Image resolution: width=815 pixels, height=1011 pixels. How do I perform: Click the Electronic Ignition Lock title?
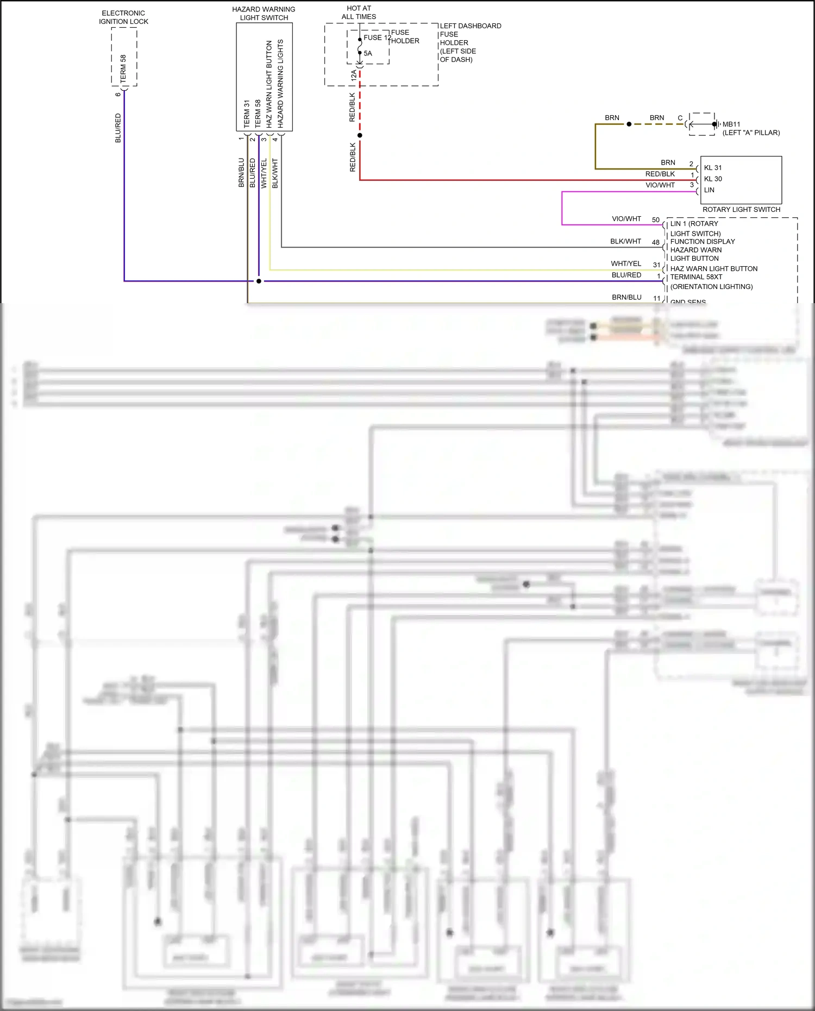pos(123,17)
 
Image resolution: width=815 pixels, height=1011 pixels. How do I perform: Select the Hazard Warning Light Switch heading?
pos(264,14)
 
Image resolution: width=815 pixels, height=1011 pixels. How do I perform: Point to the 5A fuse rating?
pos(368,53)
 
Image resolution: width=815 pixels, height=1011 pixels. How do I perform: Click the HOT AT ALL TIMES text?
pos(359,12)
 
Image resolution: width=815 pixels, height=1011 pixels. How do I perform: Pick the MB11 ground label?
pos(731,124)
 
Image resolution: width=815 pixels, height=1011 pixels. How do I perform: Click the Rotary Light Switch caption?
pos(741,209)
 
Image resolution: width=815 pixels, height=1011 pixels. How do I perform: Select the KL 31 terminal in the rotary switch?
pos(713,168)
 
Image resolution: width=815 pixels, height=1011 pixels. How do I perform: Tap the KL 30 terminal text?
pos(713,179)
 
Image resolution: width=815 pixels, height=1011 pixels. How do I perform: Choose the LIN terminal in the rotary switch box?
pos(709,190)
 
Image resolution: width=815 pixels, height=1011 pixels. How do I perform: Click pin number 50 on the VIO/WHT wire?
pos(656,220)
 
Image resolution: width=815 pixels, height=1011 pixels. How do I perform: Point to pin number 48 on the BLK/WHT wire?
pos(656,242)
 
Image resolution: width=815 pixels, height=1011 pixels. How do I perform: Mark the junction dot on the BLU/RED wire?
pos(259,281)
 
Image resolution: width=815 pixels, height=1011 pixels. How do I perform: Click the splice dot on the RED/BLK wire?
pos(360,135)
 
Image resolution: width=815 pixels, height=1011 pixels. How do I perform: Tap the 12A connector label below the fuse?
pos(354,75)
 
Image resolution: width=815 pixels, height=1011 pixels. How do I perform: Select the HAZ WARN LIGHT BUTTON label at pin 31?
pos(713,268)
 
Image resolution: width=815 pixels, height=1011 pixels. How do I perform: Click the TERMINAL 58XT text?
pos(696,277)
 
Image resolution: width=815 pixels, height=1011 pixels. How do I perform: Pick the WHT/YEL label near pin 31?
pos(626,263)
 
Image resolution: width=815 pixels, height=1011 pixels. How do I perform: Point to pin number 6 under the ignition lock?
pos(118,95)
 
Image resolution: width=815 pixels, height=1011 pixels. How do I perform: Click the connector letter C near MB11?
pos(680,118)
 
